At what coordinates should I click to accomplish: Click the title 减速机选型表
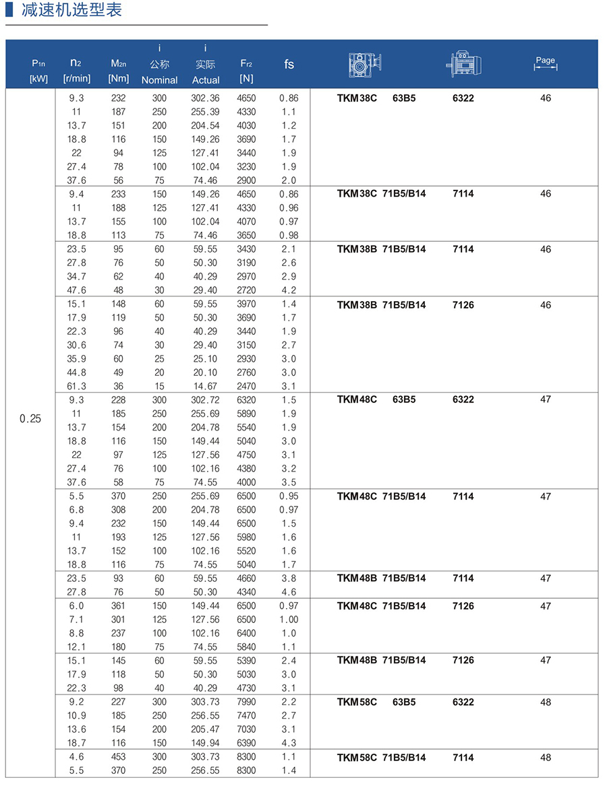(x=71, y=11)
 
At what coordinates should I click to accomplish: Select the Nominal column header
(x=159, y=79)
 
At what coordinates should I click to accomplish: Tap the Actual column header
(x=206, y=79)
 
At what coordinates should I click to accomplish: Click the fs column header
(x=289, y=64)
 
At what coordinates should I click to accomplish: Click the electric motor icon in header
(x=463, y=64)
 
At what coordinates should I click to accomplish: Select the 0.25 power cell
(x=30, y=419)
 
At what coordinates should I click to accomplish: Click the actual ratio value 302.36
(x=205, y=98)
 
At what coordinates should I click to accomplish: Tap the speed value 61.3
(x=77, y=386)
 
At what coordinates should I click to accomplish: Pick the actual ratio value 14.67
(x=205, y=386)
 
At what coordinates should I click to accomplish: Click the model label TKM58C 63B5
(x=376, y=702)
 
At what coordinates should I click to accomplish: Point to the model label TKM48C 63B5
(x=376, y=399)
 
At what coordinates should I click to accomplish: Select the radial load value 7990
(x=246, y=702)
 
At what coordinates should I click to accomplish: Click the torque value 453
(x=118, y=756)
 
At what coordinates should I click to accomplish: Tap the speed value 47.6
(x=77, y=290)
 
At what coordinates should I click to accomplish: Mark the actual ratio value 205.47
(x=205, y=729)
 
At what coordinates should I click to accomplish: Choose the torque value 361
(x=118, y=605)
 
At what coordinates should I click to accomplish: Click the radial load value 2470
(x=246, y=386)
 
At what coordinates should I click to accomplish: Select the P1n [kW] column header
(x=38, y=71)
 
